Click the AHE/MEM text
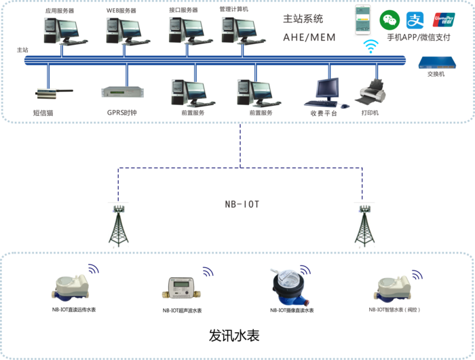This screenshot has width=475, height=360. click(309, 37)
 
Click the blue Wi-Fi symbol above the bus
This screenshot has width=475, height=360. click(370, 46)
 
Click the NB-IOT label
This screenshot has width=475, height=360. click(242, 203)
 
